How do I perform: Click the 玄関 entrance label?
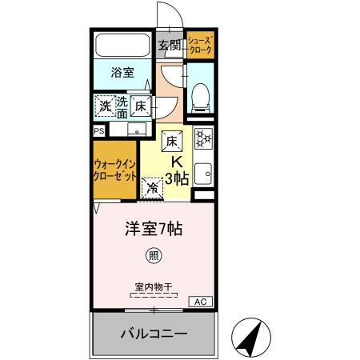click(x=169, y=46)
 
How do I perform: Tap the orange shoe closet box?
click(x=200, y=46)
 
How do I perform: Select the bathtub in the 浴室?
click(x=122, y=46)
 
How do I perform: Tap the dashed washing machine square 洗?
click(x=106, y=105)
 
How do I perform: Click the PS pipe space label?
click(x=99, y=130)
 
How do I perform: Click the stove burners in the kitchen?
click(x=202, y=138)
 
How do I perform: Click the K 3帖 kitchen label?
click(x=177, y=169)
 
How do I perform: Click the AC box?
click(x=199, y=301)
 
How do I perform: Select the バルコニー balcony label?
click(x=153, y=332)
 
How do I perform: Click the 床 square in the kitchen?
click(x=171, y=142)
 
